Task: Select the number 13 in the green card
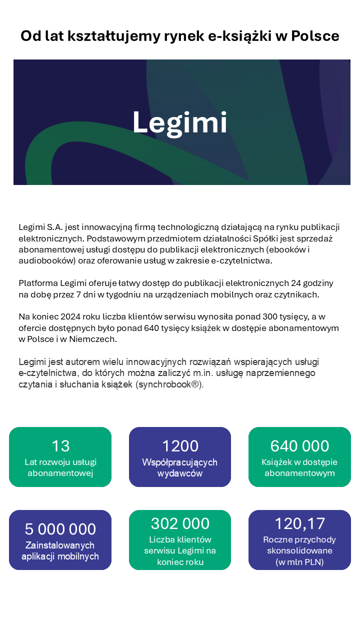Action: [x=60, y=445]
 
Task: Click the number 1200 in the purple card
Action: [x=180, y=445]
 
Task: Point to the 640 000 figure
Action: [x=299, y=445]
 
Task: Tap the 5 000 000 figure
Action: [x=60, y=528]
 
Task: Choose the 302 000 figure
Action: [x=180, y=523]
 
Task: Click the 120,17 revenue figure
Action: [x=299, y=523]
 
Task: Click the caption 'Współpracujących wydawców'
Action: [x=180, y=467]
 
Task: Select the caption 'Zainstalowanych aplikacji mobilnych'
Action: [x=60, y=550]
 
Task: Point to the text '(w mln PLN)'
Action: [x=299, y=562]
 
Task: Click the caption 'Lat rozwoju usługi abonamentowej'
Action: [x=60, y=467]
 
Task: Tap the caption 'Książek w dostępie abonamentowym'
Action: [x=299, y=467]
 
